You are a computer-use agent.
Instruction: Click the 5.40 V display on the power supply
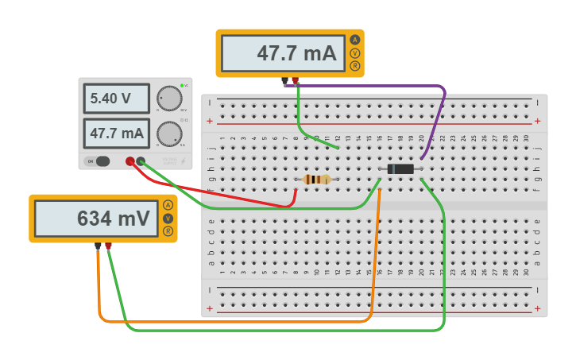[x=116, y=99]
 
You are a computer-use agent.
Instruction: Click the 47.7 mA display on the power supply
[x=116, y=133]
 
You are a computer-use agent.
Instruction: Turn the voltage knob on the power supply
[x=169, y=99]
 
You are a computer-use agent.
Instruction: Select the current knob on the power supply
[x=169, y=133]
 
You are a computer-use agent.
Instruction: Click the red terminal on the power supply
[x=130, y=161]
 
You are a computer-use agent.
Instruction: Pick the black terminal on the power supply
[x=141, y=161]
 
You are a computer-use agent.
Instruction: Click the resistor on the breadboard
[x=317, y=180]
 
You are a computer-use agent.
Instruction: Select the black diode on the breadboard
[x=401, y=168]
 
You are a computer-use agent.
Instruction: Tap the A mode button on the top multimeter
[x=354, y=40]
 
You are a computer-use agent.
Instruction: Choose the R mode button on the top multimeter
[x=354, y=66]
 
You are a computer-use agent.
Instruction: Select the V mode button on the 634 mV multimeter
[x=168, y=219]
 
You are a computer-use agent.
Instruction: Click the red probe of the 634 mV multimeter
[x=108, y=246]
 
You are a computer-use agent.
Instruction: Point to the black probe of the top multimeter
[x=284, y=80]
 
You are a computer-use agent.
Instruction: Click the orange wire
[x=238, y=321]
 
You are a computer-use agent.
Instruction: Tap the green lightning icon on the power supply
[x=183, y=161]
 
